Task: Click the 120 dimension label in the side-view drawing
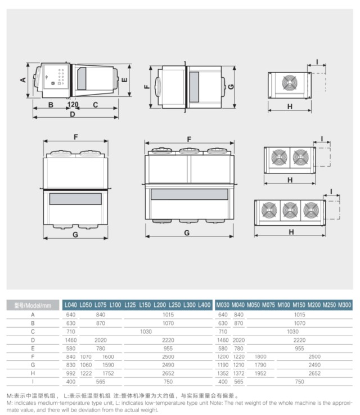(73, 105)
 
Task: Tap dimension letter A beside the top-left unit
(23, 79)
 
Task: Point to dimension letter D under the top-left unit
(72, 114)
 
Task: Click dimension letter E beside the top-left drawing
(124, 80)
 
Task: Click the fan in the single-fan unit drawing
(290, 84)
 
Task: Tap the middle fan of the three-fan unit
(290, 210)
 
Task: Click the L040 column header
(71, 305)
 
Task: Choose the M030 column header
(223, 305)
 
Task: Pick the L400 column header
(204, 305)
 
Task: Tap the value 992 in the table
(70, 373)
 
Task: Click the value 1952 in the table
(260, 373)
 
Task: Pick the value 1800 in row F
(260, 356)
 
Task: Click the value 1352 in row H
(223, 373)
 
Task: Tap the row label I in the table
(33, 382)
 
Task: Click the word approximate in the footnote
(341, 403)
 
